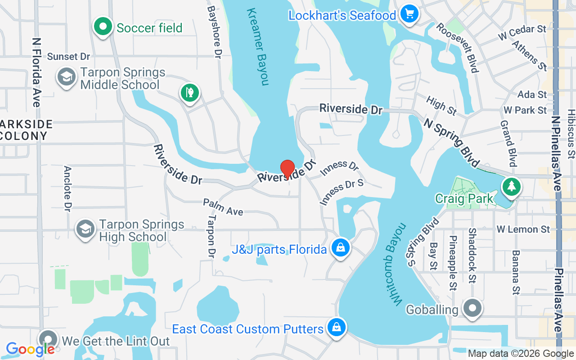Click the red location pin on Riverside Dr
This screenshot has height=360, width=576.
[x=288, y=169]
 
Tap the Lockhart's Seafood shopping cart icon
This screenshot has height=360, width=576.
[x=409, y=14]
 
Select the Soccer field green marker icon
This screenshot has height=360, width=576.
[x=103, y=27]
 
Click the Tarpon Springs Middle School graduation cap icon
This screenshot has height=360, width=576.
[x=67, y=77]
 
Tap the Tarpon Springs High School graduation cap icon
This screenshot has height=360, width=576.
[x=85, y=229]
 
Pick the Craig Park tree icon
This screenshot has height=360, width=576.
[x=511, y=186]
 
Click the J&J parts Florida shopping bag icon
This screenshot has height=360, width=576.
[x=341, y=247]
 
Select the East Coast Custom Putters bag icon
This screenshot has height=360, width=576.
[x=337, y=328]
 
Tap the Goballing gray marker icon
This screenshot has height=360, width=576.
[x=472, y=309]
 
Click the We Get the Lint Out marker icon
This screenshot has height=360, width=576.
[x=48, y=340]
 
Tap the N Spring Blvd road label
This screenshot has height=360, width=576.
[x=451, y=142]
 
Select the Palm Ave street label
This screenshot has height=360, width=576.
[x=223, y=207]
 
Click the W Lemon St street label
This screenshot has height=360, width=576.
[x=523, y=229]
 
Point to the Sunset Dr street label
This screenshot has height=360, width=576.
[x=68, y=56]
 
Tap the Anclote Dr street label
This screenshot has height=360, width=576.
[x=68, y=189]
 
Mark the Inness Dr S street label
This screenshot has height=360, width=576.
[x=342, y=192]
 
